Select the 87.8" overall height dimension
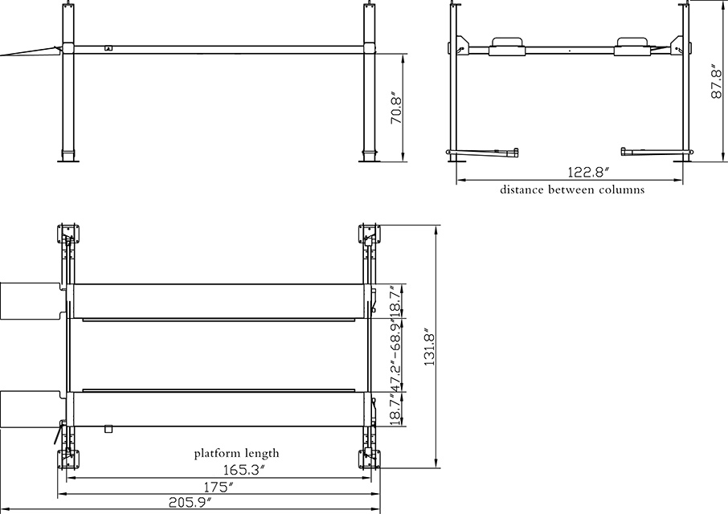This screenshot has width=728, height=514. (718, 81)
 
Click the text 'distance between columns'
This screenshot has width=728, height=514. (571, 190)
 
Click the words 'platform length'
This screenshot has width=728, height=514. (236, 454)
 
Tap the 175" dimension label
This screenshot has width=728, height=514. (219, 486)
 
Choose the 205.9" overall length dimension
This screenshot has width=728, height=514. (190, 503)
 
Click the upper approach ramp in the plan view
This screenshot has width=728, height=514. (29, 300)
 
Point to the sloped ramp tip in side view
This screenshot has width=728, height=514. (24, 53)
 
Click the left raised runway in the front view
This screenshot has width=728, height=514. (505, 43)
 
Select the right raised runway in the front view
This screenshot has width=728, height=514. (635, 43)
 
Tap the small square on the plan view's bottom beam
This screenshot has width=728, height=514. (107, 429)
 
